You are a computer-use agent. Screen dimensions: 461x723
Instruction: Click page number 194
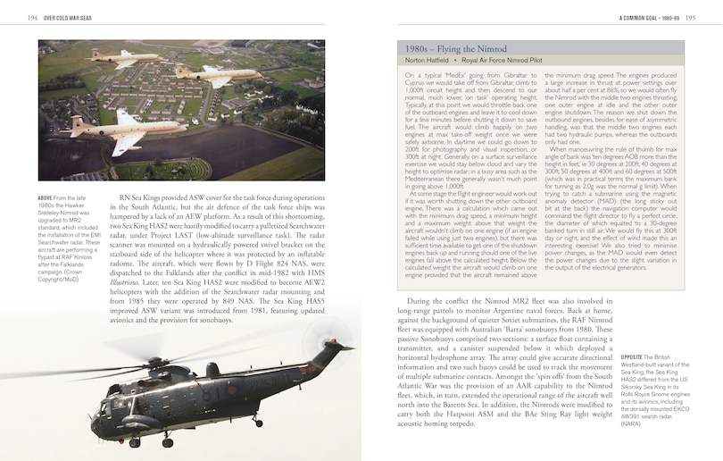(x=31, y=17)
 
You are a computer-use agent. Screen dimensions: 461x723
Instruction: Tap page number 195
(x=689, y=17)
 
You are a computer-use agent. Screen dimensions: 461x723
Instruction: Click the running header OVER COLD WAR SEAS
(x=68, y=17)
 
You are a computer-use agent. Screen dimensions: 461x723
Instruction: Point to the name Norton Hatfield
(x=427, y=61)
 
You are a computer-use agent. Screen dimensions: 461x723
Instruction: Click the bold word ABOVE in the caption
(x=46, y=197)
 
